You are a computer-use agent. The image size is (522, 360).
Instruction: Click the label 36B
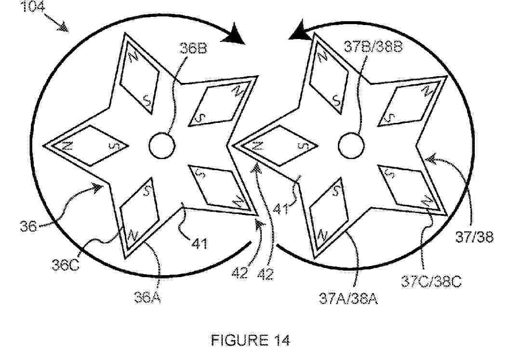tap(193, 49)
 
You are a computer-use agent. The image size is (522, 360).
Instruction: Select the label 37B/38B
tap(373, 46)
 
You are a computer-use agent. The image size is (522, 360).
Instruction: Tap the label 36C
tap(66, 266)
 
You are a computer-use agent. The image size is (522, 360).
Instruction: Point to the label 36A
tap(148, 297)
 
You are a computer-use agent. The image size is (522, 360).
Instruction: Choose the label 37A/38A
tap(348, 298)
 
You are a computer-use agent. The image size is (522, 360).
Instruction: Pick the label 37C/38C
tap(431, 282)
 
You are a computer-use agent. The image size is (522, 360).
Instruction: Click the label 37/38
tap(474, 237)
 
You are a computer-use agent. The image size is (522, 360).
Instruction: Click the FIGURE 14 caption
tap(251, 340)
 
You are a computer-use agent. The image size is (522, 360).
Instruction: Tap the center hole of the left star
tap(162, 146)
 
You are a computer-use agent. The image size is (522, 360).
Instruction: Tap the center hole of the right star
tap(351, 146)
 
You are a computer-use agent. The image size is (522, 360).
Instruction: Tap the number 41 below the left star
tap(200, 243)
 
